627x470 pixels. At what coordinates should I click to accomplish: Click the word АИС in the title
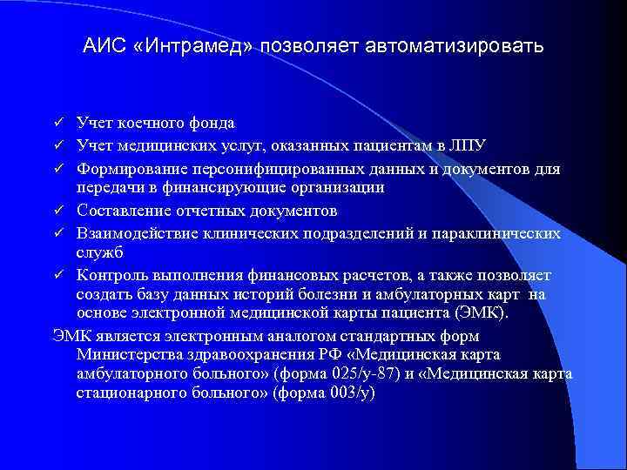click(102, 46)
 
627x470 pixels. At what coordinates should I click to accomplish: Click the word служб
click(100, 252)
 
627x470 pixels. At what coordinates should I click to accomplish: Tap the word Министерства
click(131, 354)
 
